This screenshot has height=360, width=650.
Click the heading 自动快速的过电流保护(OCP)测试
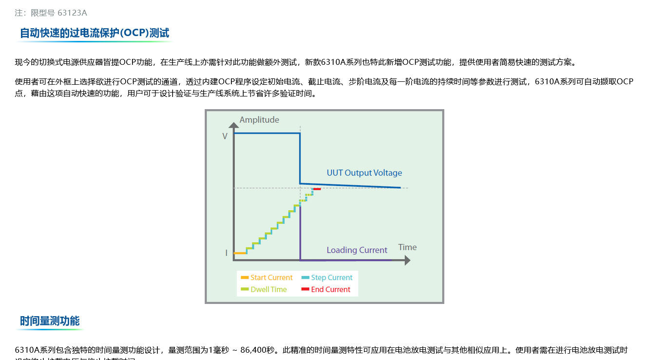[x=95, y=33]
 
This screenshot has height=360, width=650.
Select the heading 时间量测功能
[x=50, y=321]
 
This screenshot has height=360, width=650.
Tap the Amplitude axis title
[x=259, y=120]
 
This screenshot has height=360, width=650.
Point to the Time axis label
[x=407, y=247]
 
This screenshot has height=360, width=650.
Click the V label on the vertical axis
[x=225, y=136]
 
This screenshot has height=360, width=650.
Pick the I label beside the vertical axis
[x=226, y=253]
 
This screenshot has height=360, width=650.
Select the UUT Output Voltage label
[x=364, y=173]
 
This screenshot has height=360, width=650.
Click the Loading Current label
[x=357, y=250]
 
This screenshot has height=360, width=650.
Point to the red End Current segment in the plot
[x=317, y=189]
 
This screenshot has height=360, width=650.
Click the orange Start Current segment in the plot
[x=240, y=253]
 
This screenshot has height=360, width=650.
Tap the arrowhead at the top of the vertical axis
[x=234, y=125]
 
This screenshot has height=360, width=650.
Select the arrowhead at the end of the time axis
[x=407, y=261]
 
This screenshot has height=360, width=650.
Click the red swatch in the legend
[x=305, y=289]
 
